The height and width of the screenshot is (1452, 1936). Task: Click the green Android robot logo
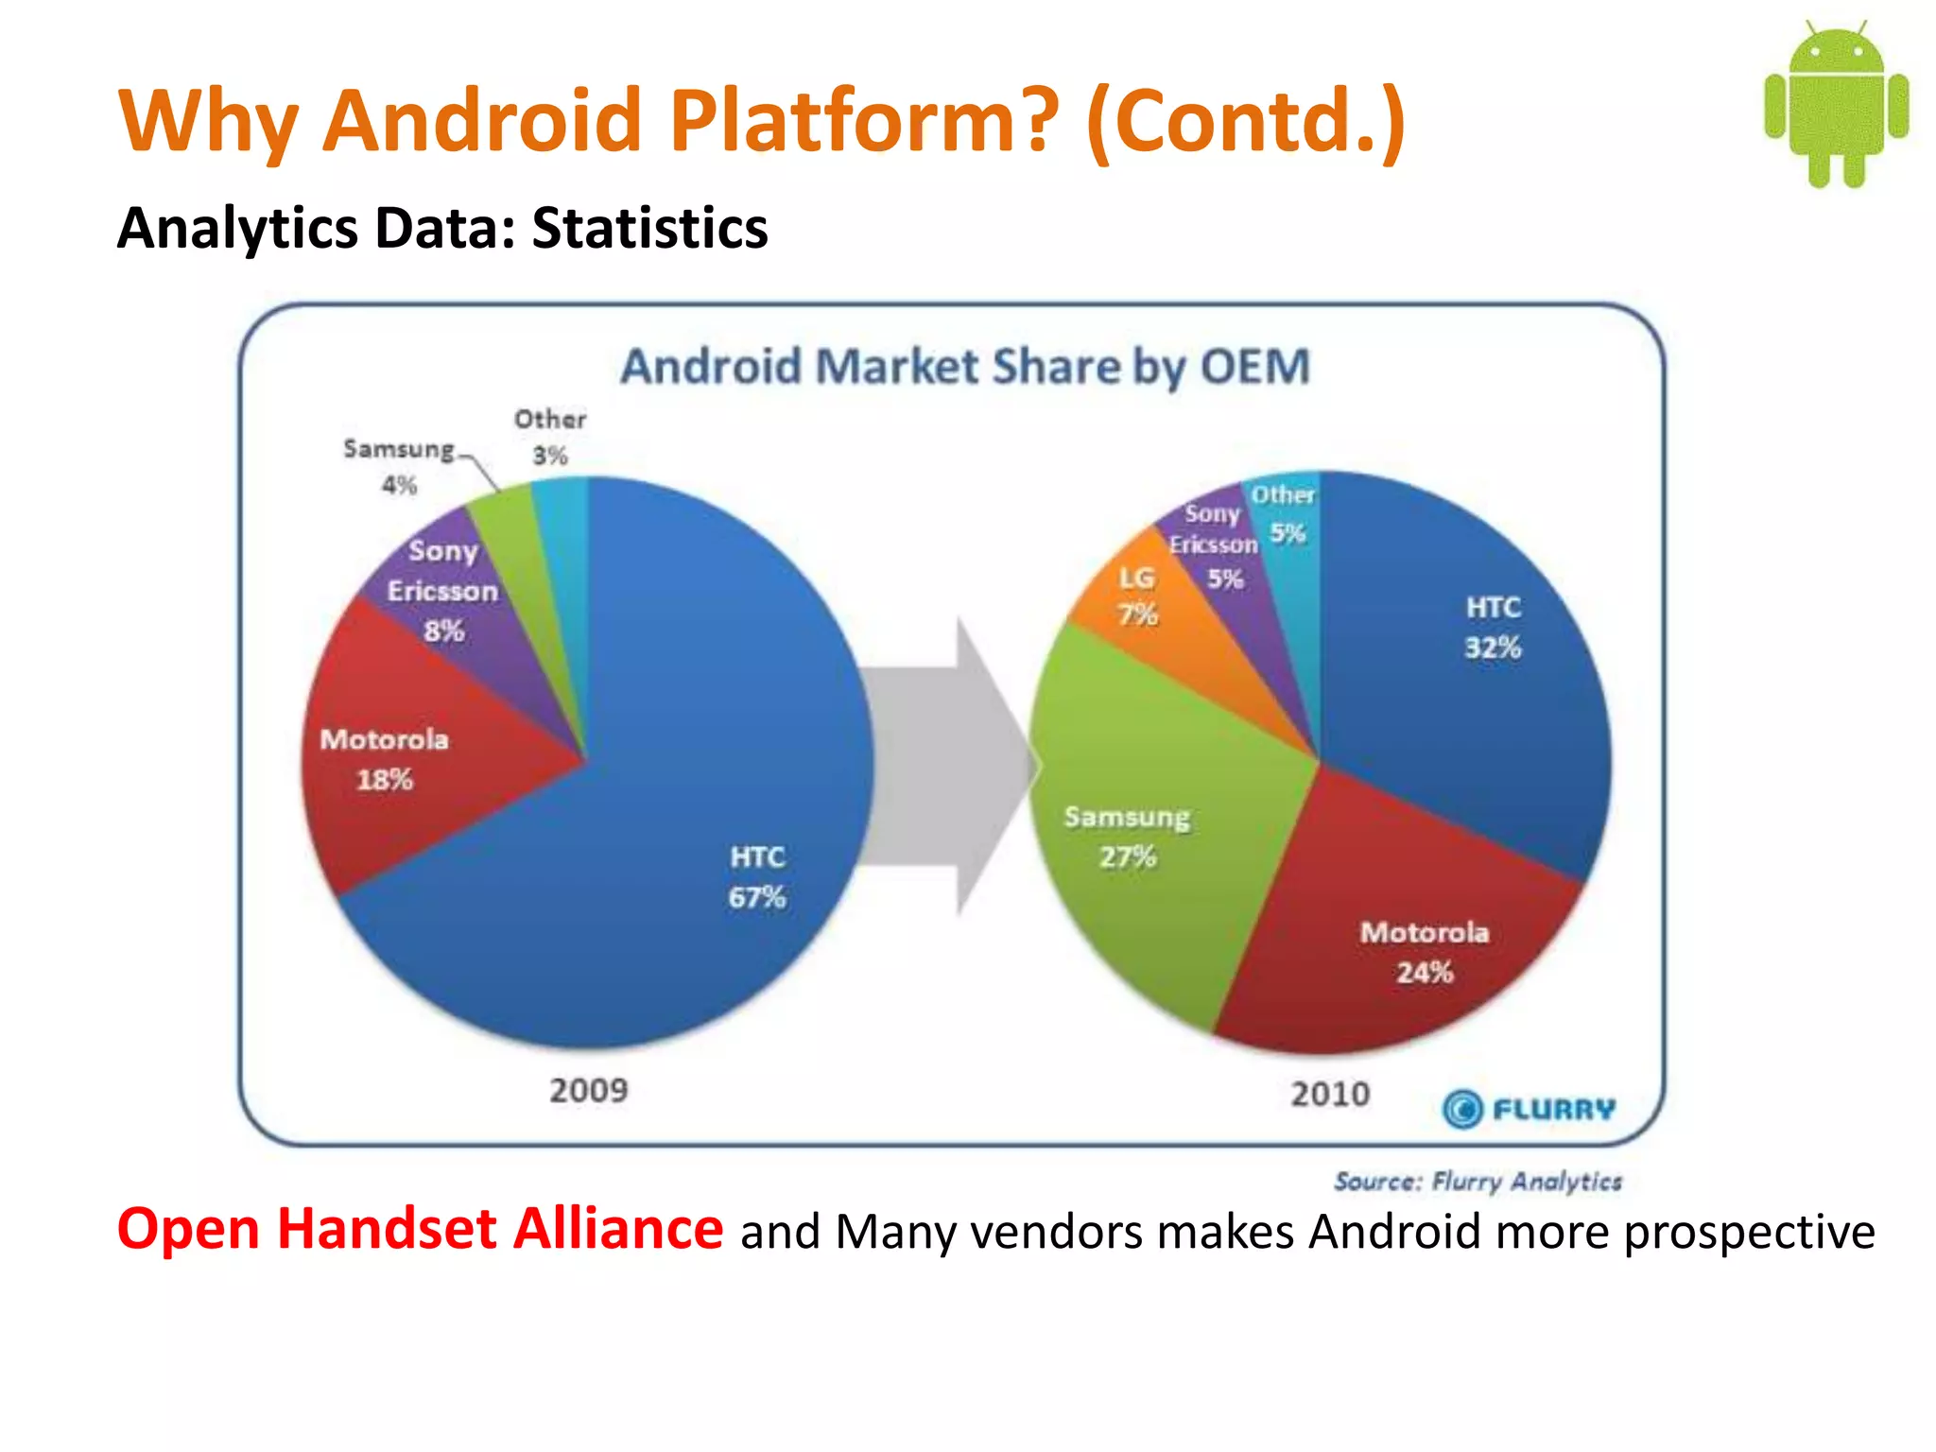click(1835, 104)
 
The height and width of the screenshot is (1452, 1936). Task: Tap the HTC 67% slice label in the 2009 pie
click(756, 877)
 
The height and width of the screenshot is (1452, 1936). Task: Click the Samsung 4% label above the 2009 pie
click(399, 466)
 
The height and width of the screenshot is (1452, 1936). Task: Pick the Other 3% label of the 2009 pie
click(550, 437)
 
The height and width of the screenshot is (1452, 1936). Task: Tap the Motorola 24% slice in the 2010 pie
click(1418, 945)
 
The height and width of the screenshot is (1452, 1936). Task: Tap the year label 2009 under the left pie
click(588, 1090)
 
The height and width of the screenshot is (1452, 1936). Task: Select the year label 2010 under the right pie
click(1330, 1094)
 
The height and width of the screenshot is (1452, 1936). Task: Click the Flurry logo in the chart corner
click(1529, 1109)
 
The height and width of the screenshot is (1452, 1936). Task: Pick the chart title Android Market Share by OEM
click(965, 367)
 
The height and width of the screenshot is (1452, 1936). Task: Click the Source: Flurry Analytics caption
click(1478, 1181)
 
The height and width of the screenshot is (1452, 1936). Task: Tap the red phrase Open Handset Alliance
click(420, 1229)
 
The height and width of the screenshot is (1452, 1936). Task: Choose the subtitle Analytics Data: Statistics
click(442, 228)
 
